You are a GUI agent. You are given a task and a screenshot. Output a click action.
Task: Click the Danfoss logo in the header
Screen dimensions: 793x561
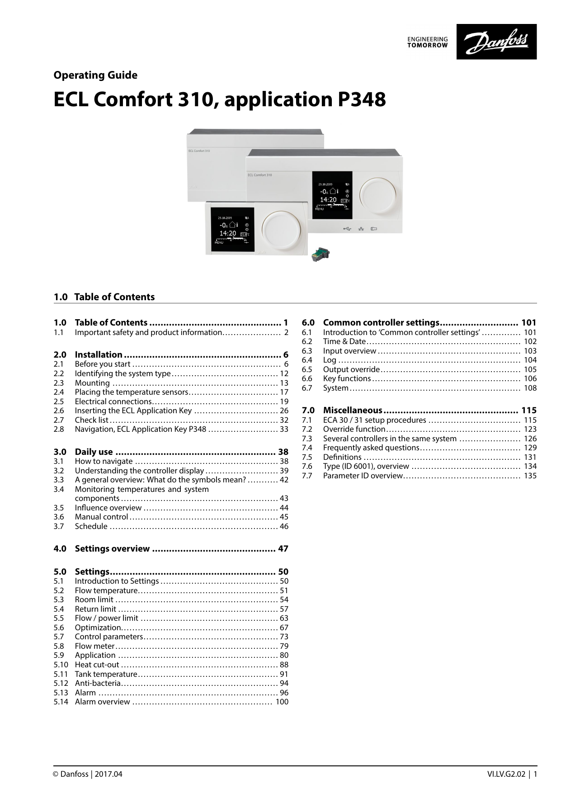[x=496, y=42]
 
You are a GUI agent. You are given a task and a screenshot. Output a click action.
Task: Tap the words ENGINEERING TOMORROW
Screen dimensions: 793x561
[x=427, y=42]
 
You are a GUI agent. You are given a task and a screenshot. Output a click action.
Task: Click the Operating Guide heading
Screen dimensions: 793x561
[x=95, y=75]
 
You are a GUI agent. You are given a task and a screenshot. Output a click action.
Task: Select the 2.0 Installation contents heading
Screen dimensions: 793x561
[x=99, y=354]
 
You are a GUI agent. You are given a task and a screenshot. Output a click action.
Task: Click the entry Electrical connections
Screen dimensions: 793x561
[x=113, y=401]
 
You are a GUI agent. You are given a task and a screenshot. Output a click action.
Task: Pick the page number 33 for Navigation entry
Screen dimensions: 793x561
[x=284, y=429]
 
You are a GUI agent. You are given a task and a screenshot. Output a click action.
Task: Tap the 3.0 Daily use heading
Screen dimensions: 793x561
[x=94, y=452]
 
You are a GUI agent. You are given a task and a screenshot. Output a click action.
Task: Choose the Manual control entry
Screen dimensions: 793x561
[x=101, y=517]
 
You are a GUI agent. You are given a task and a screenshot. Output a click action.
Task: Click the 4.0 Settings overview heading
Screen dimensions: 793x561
[x=112, y=548]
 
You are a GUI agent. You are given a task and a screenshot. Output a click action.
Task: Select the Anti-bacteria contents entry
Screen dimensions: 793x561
[x=98, y=683]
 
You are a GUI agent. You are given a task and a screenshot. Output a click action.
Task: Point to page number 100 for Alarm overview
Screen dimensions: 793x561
[x=282, y=702]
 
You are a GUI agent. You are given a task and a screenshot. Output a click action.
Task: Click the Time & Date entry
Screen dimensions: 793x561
[x=344, y=341]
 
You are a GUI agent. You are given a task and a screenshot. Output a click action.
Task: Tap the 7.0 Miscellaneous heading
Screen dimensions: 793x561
[x=353, y=410]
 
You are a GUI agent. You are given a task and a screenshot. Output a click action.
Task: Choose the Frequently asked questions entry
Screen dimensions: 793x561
[x=371, y=448]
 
